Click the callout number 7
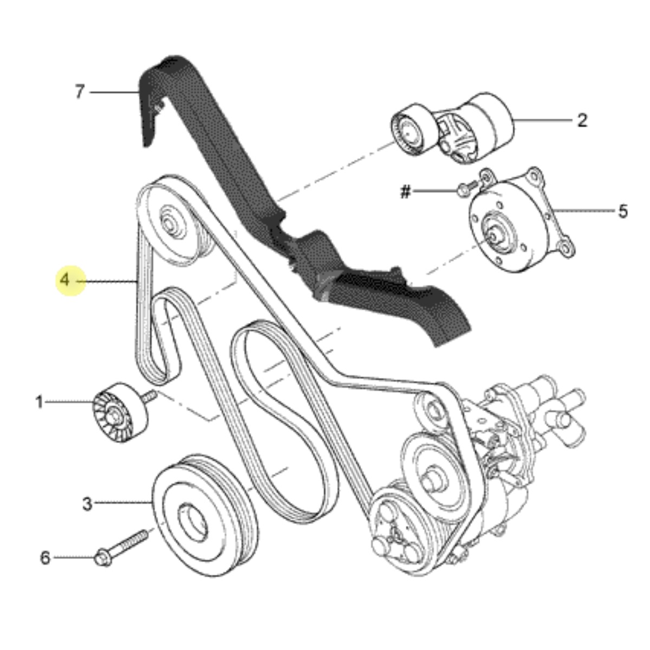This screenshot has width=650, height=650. click(x=80, y=92)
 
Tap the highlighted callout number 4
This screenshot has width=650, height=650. click(x=64, y=280)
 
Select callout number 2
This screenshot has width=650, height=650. click(x=582, y=120)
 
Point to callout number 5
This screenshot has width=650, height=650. click(x=623, y=211)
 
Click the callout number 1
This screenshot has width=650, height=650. click(x=40, y=402)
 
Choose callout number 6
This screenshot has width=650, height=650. click(x=45, y=557)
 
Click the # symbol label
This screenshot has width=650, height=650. click(x=406, y=192)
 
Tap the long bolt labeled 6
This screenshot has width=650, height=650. click(x=122, y=547)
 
